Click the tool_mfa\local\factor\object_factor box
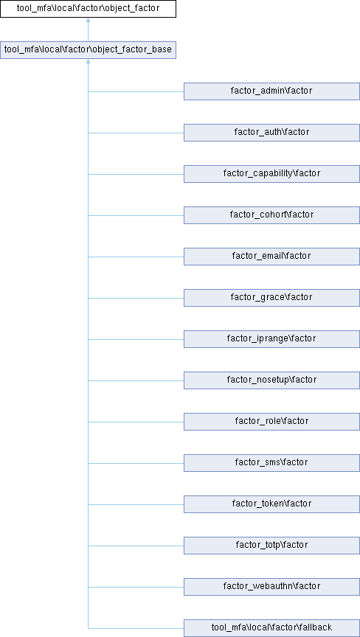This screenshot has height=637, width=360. click(88, 9)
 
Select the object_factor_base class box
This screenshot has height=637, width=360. click(88, 50)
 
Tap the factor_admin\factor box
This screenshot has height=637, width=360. click(271, 91)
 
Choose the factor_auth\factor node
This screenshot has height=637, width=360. click(271, 133)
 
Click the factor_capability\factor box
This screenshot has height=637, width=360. click(271, 174)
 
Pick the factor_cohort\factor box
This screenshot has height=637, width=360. click(271, 215)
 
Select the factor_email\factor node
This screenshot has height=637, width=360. click(271, 257)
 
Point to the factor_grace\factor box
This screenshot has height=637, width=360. click(271, 298)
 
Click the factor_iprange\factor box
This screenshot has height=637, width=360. click(271, 339)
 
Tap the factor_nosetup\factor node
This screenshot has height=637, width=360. click(271, 380)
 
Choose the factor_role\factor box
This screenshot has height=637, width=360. click(271, 422)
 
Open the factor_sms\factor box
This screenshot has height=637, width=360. click(271, 463)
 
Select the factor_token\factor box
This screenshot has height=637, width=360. click(271, 504)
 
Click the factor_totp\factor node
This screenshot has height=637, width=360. click(271, 545)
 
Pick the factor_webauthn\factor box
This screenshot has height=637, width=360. click(271, 587)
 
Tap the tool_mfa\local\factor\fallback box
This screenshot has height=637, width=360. click(271, 628)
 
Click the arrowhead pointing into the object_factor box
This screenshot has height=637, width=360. click(88, 20)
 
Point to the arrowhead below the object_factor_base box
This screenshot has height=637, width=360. click(88, 61)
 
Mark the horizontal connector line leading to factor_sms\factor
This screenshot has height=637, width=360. click(136, 463)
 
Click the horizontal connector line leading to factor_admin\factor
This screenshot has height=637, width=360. click(136, 91)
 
